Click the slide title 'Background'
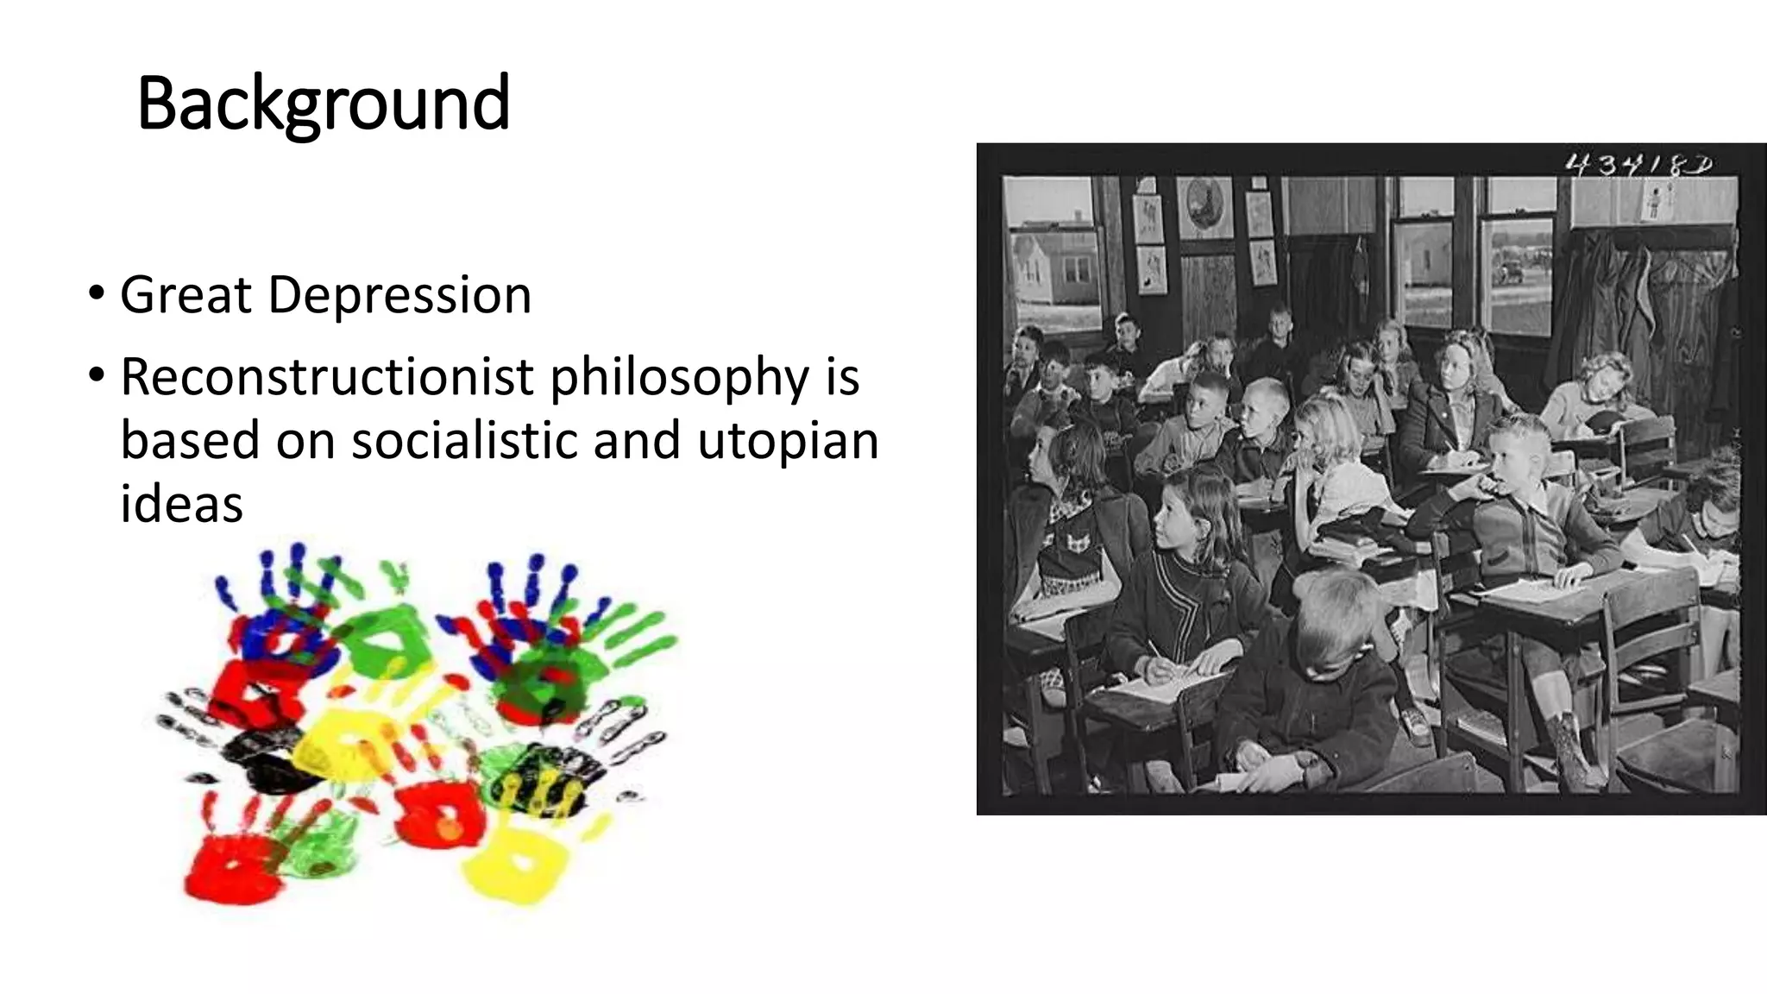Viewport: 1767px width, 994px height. point(323,104)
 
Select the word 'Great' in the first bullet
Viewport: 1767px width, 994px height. point(185,295)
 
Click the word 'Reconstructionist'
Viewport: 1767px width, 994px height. point(327,377)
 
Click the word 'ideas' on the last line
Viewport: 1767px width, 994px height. point(181,504)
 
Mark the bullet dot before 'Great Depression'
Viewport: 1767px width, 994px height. point(97,294)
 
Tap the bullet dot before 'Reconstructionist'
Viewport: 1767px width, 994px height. point(97,375)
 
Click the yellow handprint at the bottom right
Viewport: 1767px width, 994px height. point(515,863)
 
